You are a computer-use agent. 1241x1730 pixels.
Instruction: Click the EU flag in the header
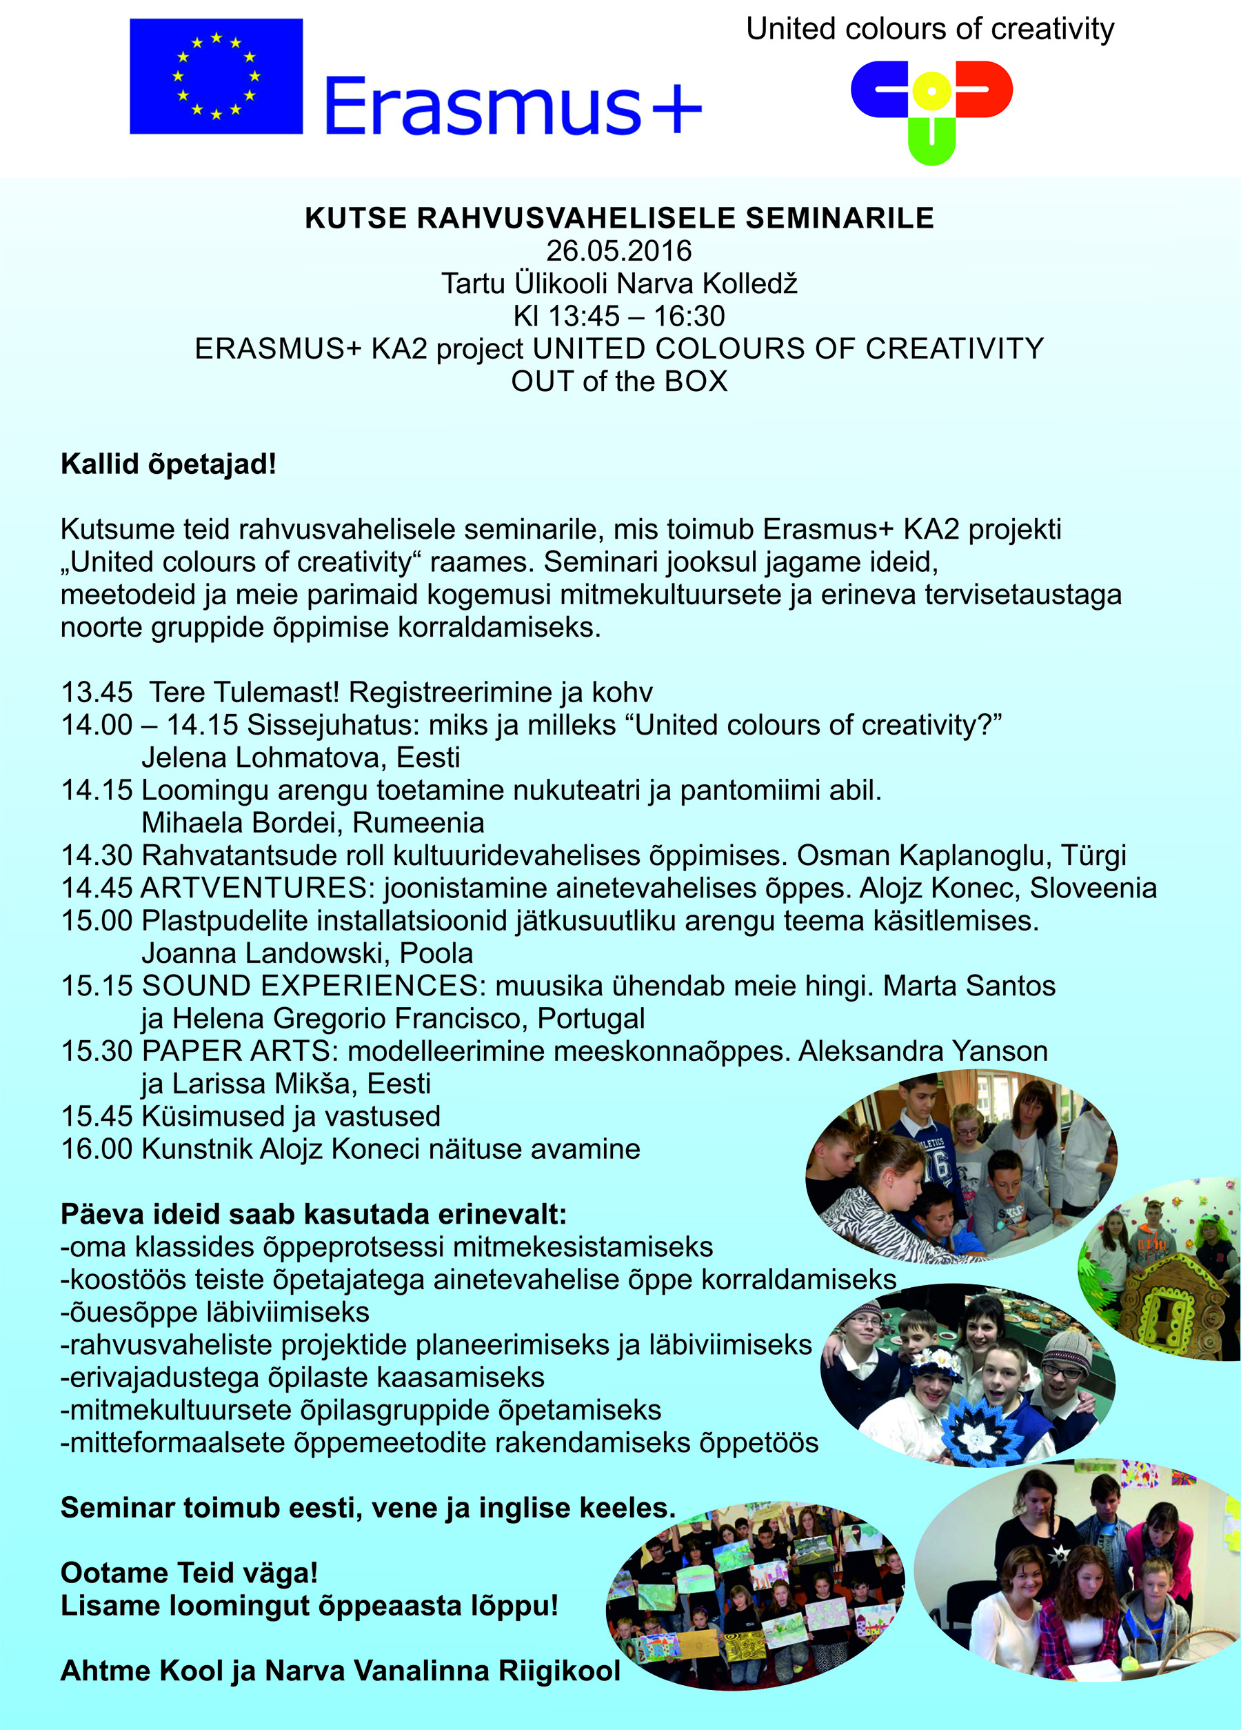coord(216,77)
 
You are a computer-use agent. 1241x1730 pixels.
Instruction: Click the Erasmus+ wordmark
coord(513,106)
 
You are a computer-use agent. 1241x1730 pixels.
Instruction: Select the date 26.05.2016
coord(619,251)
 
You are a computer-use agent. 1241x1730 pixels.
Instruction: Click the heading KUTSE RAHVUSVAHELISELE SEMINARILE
coord(619,218)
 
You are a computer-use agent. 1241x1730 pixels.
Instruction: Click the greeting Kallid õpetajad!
coord(168,464)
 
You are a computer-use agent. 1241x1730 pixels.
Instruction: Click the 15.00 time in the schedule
coord(97,921)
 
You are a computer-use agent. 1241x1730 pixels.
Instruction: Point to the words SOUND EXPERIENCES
coord(310,986)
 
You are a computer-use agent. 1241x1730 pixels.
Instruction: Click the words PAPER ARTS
coord(236,1051)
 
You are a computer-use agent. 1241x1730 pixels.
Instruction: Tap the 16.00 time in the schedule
coord(97,1149)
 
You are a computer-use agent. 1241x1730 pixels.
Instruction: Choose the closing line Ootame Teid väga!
coord(189,1573)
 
